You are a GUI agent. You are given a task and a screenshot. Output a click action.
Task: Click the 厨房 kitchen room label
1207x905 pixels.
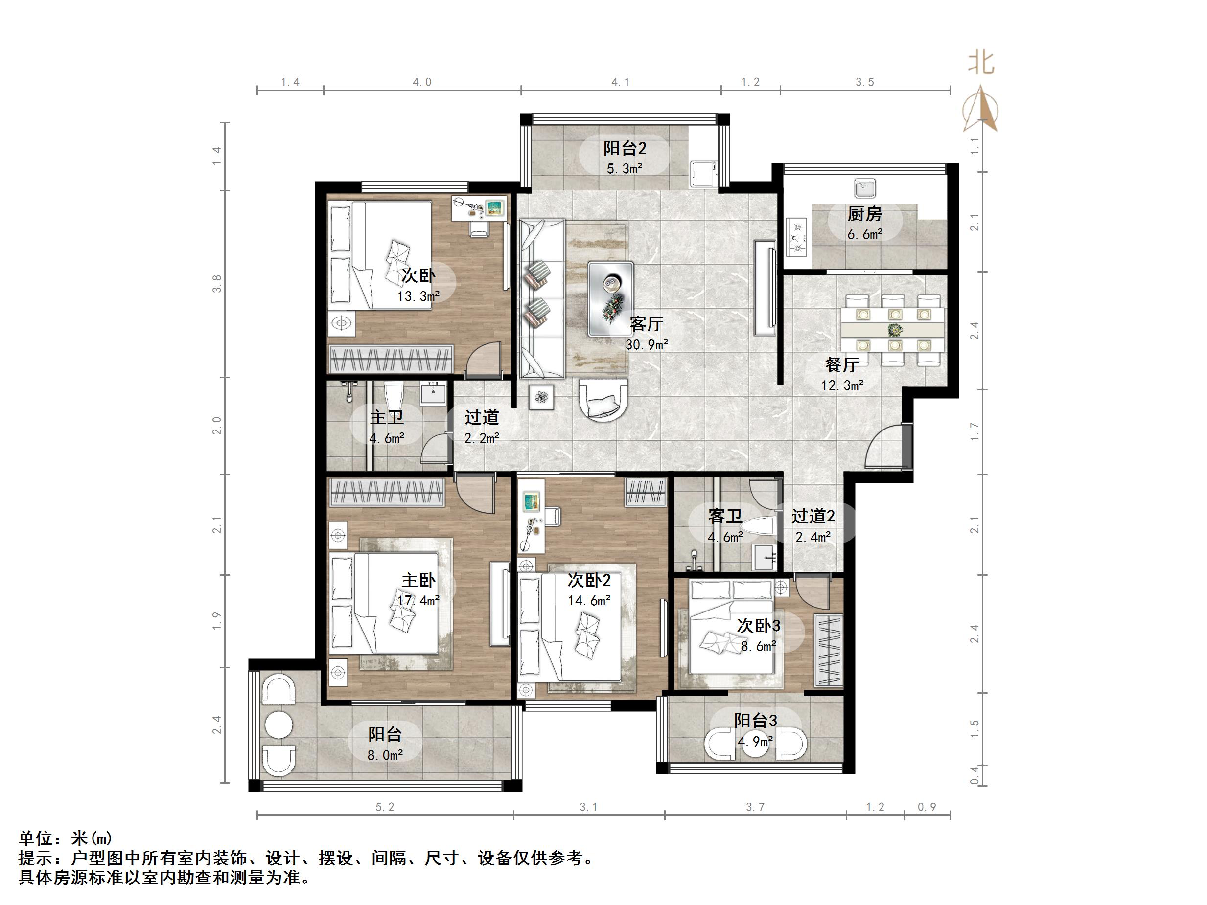pos(864,214)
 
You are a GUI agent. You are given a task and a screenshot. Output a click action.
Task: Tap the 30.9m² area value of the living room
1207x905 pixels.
pos(647,345)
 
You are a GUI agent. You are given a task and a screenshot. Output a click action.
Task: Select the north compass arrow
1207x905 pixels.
pos(980,109)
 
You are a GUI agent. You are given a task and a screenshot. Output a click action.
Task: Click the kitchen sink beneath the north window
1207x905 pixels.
pos(865,188)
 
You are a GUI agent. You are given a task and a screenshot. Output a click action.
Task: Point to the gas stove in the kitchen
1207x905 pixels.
pos(797,237)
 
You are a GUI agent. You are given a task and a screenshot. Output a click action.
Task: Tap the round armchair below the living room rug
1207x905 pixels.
pos(603,401)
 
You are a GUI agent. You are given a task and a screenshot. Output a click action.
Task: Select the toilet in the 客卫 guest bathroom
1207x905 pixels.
pos(760,526)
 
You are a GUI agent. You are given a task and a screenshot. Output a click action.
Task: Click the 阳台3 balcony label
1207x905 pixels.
pos(755,721)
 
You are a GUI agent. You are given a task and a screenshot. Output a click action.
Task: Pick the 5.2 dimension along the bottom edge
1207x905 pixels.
pos(385,807)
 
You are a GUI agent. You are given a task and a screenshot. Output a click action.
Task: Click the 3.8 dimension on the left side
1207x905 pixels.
pos(217,284)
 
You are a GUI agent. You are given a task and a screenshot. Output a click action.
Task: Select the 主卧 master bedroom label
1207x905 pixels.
pos(418,580)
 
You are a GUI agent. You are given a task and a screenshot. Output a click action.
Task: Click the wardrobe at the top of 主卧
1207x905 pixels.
pos(387,492)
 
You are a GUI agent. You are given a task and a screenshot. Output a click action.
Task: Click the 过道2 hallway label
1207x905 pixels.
pos(813,516)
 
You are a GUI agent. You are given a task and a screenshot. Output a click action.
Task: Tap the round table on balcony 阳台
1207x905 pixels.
pos(279,725)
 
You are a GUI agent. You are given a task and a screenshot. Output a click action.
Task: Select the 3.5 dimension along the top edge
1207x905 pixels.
pos(864,82)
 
